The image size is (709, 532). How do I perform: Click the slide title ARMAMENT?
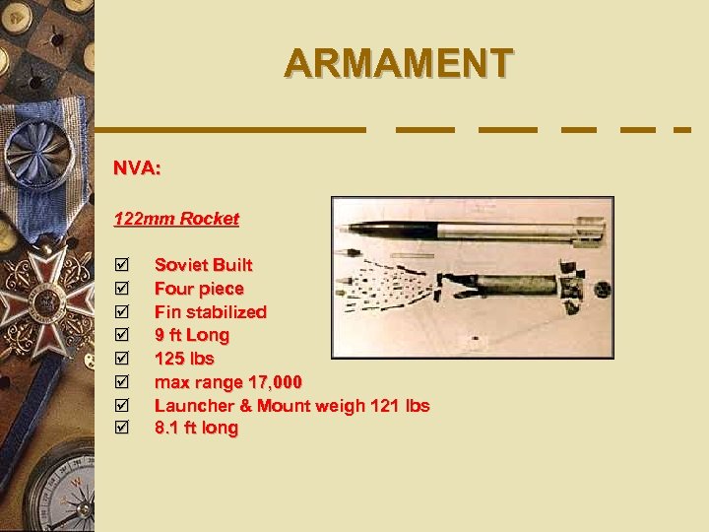(x=398, y=62)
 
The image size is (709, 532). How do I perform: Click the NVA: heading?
(x=137, y=168)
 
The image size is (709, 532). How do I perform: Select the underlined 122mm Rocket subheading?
(x=176, y=219)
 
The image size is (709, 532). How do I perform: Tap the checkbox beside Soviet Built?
(x=122, y=265)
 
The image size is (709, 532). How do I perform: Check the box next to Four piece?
(x=122, y=289)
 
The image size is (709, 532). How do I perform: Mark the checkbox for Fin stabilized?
(x=122, y=312)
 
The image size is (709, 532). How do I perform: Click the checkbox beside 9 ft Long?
(x=122, y=335)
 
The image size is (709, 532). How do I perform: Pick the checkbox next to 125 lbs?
(x=122, y=359)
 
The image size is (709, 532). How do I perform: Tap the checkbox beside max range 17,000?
(x=122, y=382)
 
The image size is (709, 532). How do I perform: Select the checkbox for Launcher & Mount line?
(x=122, y=405)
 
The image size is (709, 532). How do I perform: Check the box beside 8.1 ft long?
(x=122, y=429)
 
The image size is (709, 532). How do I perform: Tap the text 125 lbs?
(x=184, y=359)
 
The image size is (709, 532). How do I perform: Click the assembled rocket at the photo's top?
(x=473, y=231)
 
